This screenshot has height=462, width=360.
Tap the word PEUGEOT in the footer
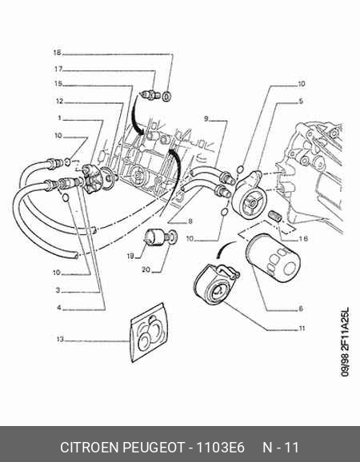(x=154, y=448)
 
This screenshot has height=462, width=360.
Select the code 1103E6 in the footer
(x=220, y=448)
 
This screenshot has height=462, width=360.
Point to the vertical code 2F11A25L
(x=346, y=329)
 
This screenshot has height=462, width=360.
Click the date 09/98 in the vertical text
(x=346, y=365)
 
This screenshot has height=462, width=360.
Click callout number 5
(x=301, y=101)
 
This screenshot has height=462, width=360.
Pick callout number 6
(x=301, y=309)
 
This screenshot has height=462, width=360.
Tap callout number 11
(x=302, y=329)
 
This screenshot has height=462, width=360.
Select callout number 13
(x=60, y=340)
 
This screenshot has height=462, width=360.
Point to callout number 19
(x=130, y=256)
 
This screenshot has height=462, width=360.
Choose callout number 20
(x=146, y=269)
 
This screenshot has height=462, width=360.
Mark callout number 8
(x=190, y=221)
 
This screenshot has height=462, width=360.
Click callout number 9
(x=206, y=118)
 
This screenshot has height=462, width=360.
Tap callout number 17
(x=58, y=69)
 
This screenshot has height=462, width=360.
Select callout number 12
(x=59, y=102)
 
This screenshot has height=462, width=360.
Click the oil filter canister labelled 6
(x=273, y=258)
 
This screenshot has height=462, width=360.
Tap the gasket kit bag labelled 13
(x=150, y=333)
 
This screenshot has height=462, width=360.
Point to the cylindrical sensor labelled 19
(x=154, y=237)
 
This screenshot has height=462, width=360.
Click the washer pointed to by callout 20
(x=174, y=237)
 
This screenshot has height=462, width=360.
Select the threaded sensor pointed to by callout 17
(x=150, y=95)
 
